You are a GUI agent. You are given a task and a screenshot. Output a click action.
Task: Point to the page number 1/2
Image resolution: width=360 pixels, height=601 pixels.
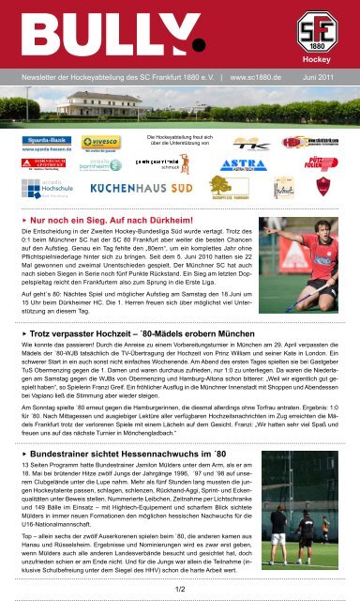pyautogui.click(x=179, y=588)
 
